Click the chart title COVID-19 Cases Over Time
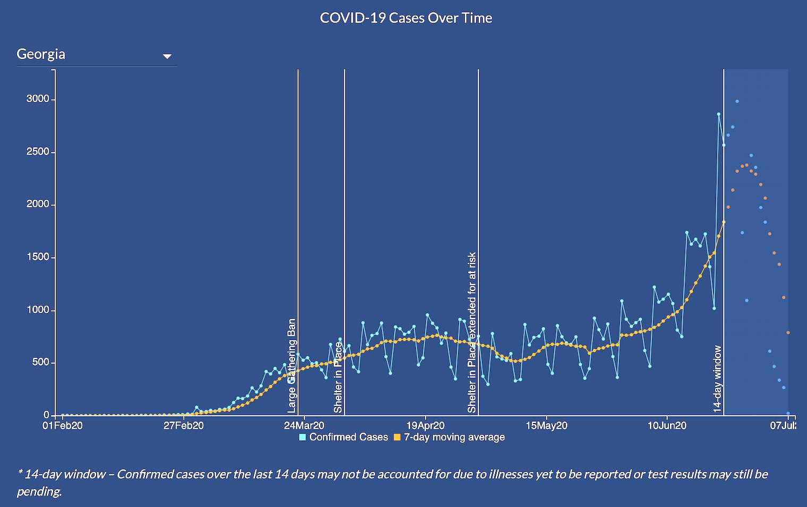[x=406, y=18]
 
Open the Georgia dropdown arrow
[x=167, y=56]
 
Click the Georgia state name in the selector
[x=41, y=54]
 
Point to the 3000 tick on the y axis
[x=38, y=99]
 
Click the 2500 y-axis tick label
[x=38, y=152]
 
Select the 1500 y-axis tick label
[x=38, y=257]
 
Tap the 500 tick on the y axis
[x=40, y=362]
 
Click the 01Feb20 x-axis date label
[x=63, y=426]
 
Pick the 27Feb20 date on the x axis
[x=183, y=426]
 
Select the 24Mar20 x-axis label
[x=304, y=426]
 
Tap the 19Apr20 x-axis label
[x=425, y=426]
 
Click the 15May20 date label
[x=547, y=426]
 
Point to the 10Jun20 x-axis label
[x=667, y=426]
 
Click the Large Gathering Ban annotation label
[x=292, y=366]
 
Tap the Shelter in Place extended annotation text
[x=472, y=333]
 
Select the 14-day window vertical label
[x=717, y=379]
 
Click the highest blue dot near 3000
[x=737, y=102]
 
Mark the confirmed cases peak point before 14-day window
[x=719, y=114]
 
